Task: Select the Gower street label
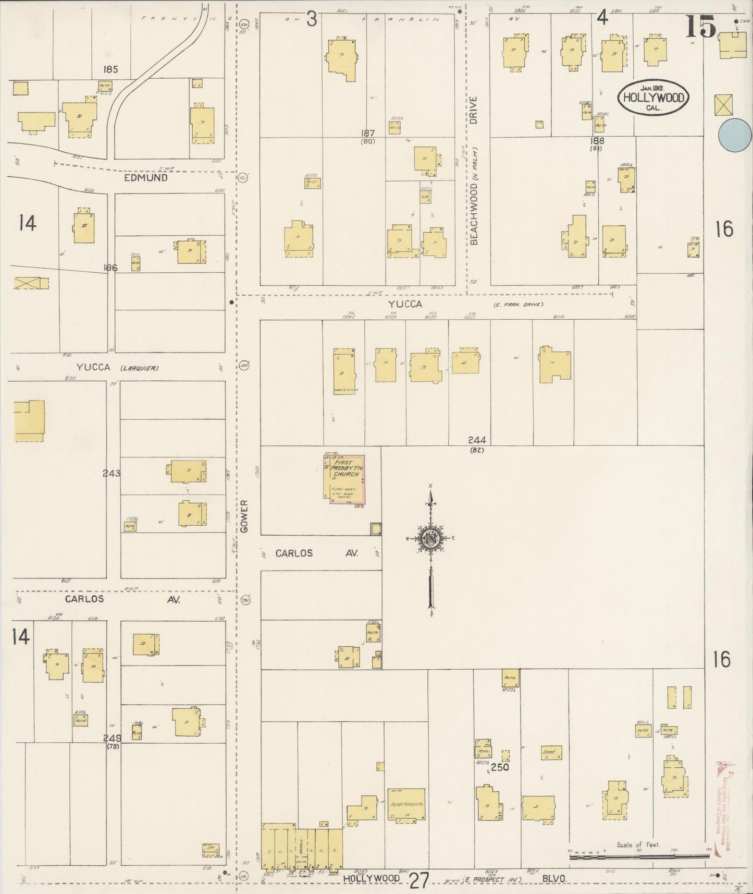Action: point(245,516)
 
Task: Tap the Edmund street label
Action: point(146,177)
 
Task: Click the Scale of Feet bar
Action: point(639,856)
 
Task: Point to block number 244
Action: point(477,440)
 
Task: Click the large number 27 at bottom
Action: point(419,880)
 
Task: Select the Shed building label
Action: point(549,753)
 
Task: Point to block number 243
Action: point(112,474)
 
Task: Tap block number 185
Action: point(110,68)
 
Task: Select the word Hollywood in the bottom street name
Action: point(372,878)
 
